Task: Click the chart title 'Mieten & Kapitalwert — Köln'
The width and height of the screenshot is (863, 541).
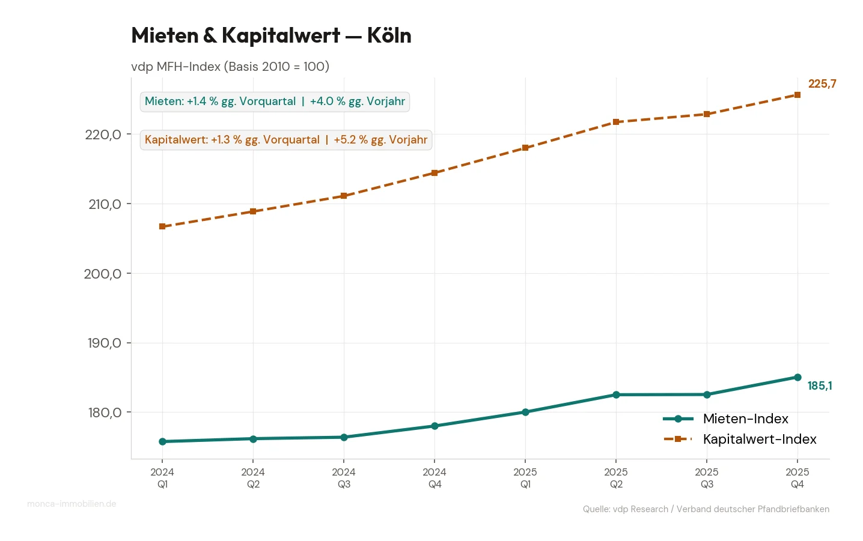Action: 271,35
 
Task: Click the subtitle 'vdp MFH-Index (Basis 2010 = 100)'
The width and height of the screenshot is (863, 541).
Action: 230,67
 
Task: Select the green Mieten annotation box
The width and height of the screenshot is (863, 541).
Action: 275,101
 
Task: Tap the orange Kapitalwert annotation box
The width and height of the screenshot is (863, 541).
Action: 286,140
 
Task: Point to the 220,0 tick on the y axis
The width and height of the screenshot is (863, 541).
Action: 103,134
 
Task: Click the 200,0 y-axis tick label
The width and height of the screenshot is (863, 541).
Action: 103,274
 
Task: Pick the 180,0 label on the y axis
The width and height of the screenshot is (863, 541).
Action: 105,413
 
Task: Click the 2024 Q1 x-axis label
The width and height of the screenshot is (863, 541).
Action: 162,478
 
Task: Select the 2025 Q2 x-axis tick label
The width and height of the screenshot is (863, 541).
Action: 616,478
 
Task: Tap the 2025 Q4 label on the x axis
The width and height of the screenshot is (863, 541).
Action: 797,478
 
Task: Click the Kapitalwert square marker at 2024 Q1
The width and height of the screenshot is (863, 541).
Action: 162,226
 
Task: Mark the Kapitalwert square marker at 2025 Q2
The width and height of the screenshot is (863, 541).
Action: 616,122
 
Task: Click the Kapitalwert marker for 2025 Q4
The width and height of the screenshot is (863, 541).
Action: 797,95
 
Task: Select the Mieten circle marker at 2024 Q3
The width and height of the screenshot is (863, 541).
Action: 344,437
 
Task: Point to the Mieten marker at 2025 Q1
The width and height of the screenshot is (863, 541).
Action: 525,412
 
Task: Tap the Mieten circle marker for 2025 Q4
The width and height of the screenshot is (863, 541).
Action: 797,377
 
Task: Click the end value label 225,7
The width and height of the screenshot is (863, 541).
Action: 822,84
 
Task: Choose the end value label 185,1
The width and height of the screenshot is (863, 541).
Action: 820,386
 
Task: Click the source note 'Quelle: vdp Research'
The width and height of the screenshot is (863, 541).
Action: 706,509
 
